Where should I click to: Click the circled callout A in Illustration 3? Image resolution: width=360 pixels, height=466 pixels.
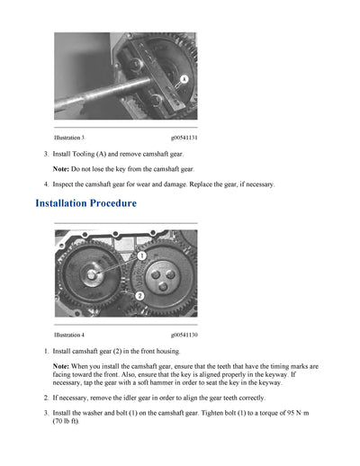pyautogui.click(x=183, y=80)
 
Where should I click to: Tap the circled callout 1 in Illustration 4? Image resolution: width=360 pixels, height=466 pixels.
pyautogui.click(x=141, y=256)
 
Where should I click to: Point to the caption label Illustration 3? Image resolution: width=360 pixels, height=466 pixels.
pyautogui.click(x=69, y=138)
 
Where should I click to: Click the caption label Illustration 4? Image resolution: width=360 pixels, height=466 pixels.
pyautogui.click(x=69, y=335)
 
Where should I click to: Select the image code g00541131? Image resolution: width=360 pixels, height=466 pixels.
pyautogui.click(x=184, y=138)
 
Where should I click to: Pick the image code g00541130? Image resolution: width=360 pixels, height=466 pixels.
pyautogui.click(x=184, y=335)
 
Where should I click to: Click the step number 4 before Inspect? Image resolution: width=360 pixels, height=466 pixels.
pyautogui.click(x=46, y=184)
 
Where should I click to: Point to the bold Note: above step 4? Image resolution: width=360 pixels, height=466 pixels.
pyautogui.click(x=61, y=169)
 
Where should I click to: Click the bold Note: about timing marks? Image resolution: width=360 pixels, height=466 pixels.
pyautogui.click(x=61, y=367)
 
